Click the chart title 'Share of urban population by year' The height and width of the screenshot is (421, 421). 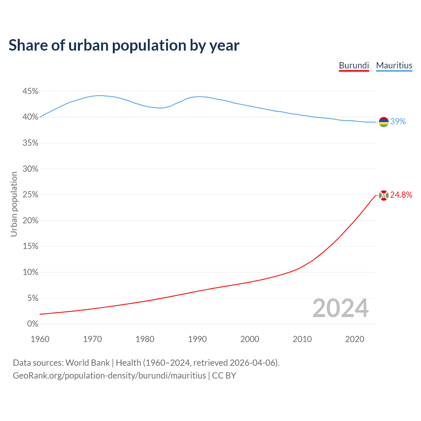click(x=124, y=45)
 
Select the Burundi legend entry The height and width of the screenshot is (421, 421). click(x=354, y=65)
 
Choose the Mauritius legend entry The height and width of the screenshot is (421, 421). click(x=394, y=65)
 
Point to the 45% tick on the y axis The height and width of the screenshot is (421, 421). click(x=30, y=91)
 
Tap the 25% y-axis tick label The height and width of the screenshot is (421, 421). click(x=30, y=195)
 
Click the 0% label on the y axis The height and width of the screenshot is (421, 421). click(x=33, y=324)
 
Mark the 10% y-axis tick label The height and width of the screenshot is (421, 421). click(x=30, y=272)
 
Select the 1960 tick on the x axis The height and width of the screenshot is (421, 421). click(x=40, y=339)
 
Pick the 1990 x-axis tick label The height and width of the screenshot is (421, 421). click(x=197, y=339)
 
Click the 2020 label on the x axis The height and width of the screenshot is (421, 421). click(x=355, y=339)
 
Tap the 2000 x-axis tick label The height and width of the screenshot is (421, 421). click(x=250, y=339)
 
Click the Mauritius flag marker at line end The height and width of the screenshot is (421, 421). click(x=384, y=122)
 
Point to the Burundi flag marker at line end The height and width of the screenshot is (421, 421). click(x=384, y=195)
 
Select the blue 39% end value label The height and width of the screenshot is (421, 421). click(x=398, y=122)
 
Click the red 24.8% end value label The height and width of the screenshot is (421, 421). click(x=401, y=195)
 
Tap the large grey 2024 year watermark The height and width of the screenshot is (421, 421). click(x=340, y=309)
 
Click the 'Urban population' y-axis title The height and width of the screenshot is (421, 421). click(x=14, y=204)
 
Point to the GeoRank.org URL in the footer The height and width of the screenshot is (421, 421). click(x=109, y=376)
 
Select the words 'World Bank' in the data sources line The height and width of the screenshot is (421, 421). click(x=87, y=363)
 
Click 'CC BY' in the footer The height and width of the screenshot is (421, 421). click(x=224, y=376)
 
